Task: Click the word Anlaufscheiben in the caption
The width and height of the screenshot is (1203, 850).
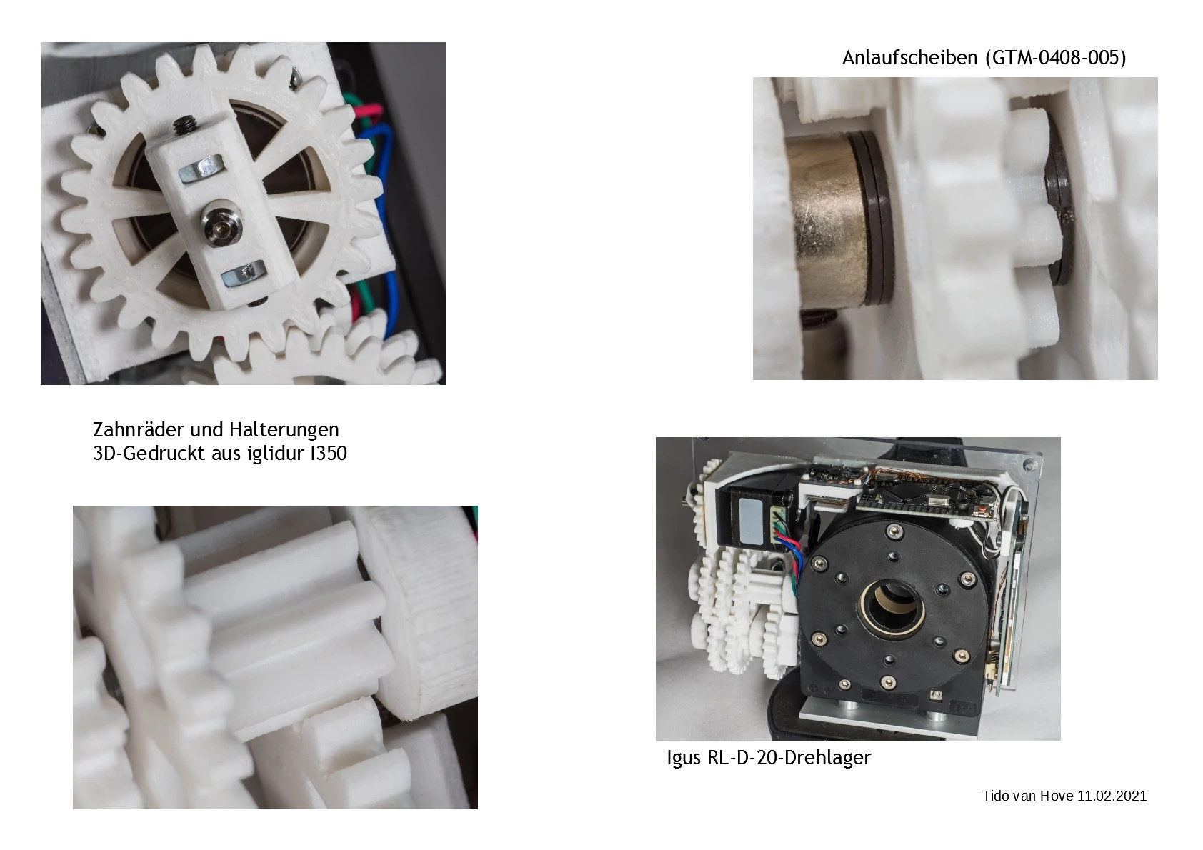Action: click(911, 58)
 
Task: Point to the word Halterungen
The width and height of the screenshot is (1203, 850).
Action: click(284, 429)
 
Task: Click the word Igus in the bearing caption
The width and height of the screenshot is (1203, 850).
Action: click(684, 758)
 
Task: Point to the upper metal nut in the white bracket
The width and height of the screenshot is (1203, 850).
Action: click(201, 168)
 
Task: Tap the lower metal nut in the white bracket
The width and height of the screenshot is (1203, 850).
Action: click(244, 274)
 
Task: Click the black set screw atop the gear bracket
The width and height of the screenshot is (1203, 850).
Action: click(182, 124)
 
